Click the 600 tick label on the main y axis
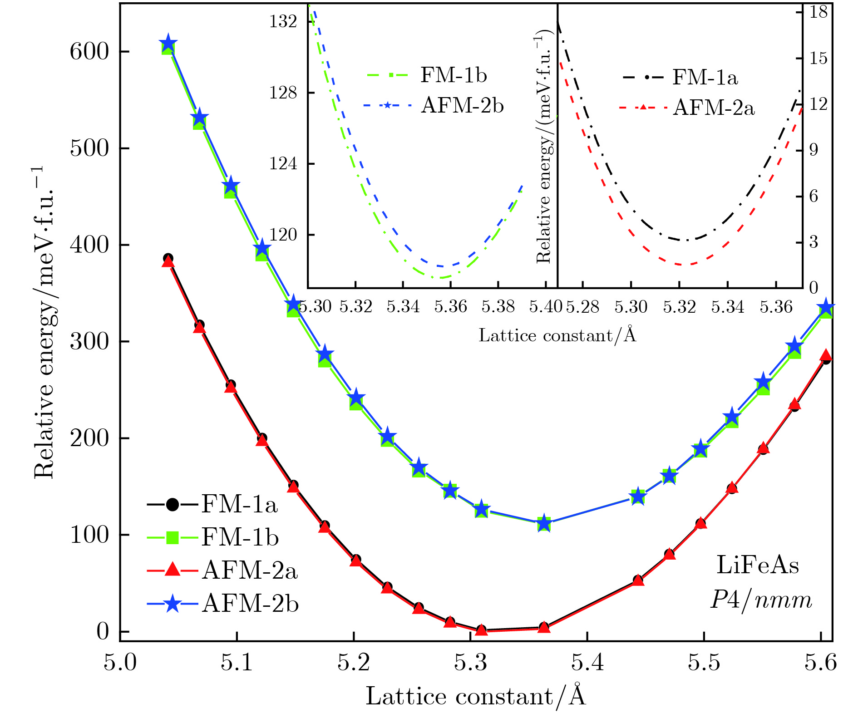tap(89, 52)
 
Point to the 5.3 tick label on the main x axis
tap(470, 663)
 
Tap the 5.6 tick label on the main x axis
tap(820, 663)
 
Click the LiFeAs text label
tap(758, 565)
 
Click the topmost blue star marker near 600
tap(168, 44)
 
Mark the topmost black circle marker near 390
tap(168, 258)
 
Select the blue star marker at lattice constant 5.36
tap(544, 523)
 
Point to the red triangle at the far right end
tap(826, 355)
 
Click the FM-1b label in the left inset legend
tap(453, 75)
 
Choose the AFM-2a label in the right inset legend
tap(713, 108)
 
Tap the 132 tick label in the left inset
tap(283, 21)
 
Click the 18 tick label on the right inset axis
tap(819, 12)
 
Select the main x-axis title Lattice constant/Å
tap(476, 696)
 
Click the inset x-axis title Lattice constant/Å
tap(557, 335)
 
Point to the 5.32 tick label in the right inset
tap(679, 307)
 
